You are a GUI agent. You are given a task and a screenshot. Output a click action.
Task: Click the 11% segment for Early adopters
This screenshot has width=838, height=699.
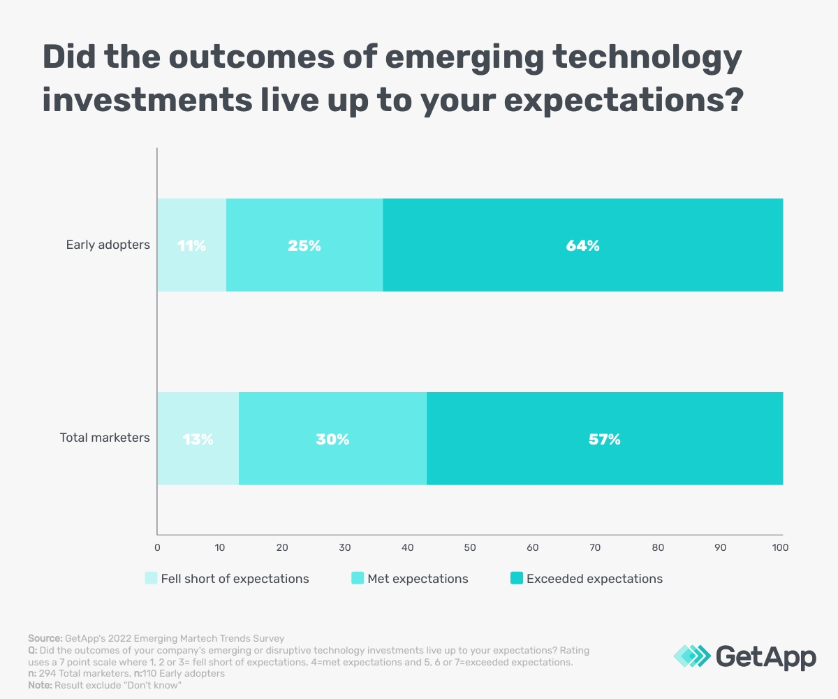pos(191,245)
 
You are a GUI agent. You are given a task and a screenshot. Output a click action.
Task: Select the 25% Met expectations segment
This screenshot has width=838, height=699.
pos(304,245)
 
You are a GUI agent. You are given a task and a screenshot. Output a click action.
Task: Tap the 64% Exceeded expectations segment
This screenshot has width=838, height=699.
pos(582,245)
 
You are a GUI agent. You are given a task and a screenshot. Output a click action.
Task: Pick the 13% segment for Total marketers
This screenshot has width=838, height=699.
pos(198,439)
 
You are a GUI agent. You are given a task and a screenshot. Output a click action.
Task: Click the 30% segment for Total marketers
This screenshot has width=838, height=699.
pos(332,439)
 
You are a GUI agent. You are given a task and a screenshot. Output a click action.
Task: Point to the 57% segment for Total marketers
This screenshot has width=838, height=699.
pos(604,439)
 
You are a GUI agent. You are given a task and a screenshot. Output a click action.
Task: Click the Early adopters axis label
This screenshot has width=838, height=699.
pos(108,245)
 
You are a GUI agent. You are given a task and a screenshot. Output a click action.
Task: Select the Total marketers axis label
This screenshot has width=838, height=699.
pos(105,438)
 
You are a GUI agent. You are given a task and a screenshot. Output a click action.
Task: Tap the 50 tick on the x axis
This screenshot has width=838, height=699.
pos(470,547)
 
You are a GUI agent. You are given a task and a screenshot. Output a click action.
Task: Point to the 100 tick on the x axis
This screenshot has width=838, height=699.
pos(780,547)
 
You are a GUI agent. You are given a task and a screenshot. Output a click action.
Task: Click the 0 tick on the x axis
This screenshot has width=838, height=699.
pos(157,547)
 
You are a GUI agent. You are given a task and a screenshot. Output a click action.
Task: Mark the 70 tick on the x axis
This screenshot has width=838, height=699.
pos(595,547)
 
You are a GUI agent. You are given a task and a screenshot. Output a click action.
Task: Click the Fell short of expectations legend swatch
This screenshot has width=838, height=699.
pos(151,578)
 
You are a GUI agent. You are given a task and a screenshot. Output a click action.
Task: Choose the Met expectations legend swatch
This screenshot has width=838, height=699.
pos(358,578)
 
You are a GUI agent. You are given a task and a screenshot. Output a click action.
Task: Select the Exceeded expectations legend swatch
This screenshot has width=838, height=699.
pos(517,578)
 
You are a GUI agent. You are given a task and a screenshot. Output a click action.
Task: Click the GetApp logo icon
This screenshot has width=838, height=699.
pos(692,656)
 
